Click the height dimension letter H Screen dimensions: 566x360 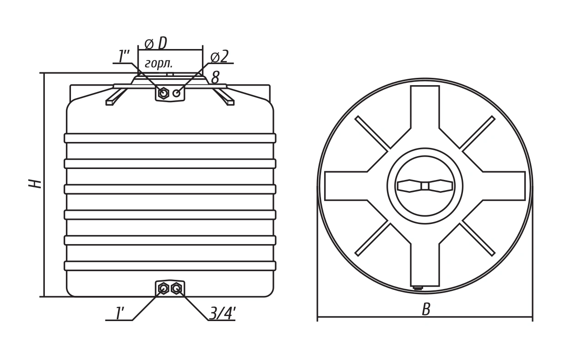tap(35, 184)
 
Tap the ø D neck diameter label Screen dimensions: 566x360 tap(156, 43)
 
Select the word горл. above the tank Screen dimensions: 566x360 tap(159, 64)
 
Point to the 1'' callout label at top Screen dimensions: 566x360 tap(124, 56)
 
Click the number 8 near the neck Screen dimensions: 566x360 tap(215, 77)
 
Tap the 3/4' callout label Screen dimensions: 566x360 tap(223, 313)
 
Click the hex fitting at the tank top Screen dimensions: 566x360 tap(163, 93)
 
